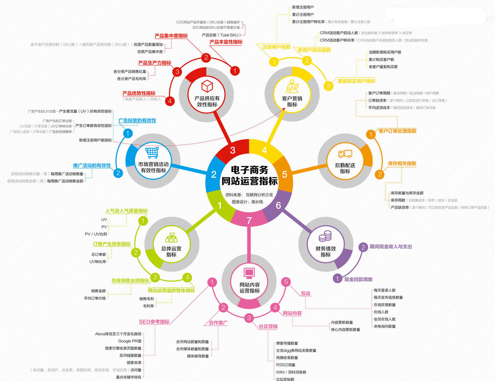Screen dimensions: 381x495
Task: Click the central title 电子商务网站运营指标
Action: pyautogui.click(x=249, y=176)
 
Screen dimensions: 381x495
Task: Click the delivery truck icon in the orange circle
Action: pyautogui.click(x=345, y=154)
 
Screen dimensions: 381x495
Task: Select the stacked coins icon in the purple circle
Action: pyautogui.click(x=325, y=236)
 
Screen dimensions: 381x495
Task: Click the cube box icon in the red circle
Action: pyautogui.click(x=207, y=86)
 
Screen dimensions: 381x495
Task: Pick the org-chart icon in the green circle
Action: pyautogui.click(x=171, y=238)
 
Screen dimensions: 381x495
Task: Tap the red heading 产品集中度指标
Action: pyautogui.click(x=171, y=36)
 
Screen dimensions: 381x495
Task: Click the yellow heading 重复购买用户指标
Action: pyautogui.click(x=356, y=81)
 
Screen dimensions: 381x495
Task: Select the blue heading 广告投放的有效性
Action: pyautogui.click(x=137, y=120)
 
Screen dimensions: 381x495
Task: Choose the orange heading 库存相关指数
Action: pyautogui.click(x=402, y=163)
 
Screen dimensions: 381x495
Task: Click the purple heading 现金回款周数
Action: pyautogui.click(x=358, y=279)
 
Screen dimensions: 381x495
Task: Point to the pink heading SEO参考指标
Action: pyautogui.click(x=154, y=322)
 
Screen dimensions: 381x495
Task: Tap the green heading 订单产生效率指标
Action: pyautogui.click(x=112, y=244)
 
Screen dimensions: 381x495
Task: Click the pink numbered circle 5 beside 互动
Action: pyautogui.click(x=286, y=282)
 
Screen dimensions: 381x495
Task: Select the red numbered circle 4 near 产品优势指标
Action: pyautogui.click(x=170, y=101)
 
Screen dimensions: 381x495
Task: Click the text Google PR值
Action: pyautogui.click(x=130, y=341)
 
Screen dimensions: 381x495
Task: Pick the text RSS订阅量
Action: pyautogui.click(x=286, y=365)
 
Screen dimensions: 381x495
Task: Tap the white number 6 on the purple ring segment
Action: pyautogui.click(x=278, y=205)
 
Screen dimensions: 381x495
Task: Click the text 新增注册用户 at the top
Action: pyautogui.click(x=303, y=7)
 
